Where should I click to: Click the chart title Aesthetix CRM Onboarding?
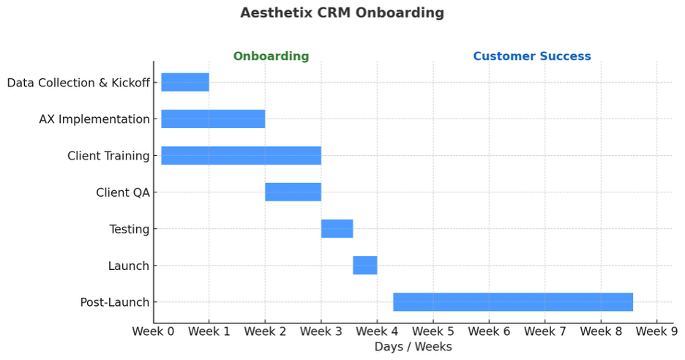(342, 13)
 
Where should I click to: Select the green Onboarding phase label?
(271, 56)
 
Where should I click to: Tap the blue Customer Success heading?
(531, 56)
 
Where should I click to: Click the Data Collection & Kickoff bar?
(185, 83)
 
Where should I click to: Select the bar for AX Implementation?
(213, 119)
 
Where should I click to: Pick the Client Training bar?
(241, 156)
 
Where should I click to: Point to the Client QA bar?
(293, 192)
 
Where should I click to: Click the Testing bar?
(337, 229)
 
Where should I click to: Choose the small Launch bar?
(364, 266)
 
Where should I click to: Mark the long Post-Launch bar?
(512, 302)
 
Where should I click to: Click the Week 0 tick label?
(153, 332)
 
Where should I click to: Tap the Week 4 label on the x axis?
(377, 332)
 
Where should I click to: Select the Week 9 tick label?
(656, 332)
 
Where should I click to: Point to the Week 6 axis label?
(489, 332)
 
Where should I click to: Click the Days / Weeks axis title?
(413, 347)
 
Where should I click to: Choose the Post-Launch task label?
(115, 302)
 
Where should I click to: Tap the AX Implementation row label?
(94, 119)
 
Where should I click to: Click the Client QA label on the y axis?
(122, 192)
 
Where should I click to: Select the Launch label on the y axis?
(128, 266)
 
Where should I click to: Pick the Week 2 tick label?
(265, 332)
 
